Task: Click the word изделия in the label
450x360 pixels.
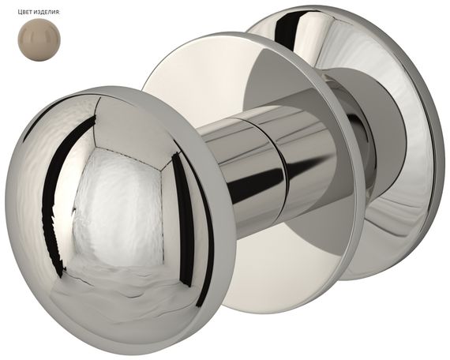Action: tap(49, 12)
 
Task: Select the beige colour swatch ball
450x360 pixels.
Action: tap(39, 39)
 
